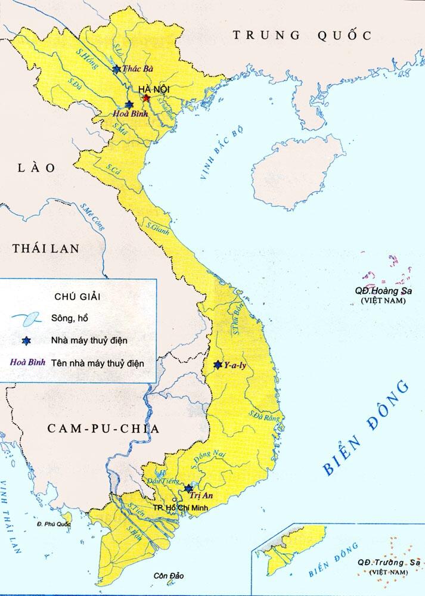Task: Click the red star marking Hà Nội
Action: coord(146,98)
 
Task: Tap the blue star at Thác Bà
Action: coord(116,70)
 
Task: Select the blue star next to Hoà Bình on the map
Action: coord(129,104)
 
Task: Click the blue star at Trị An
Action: coord(188,488)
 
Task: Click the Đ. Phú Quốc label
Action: coord(53,524)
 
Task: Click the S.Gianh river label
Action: coord(158,228)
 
